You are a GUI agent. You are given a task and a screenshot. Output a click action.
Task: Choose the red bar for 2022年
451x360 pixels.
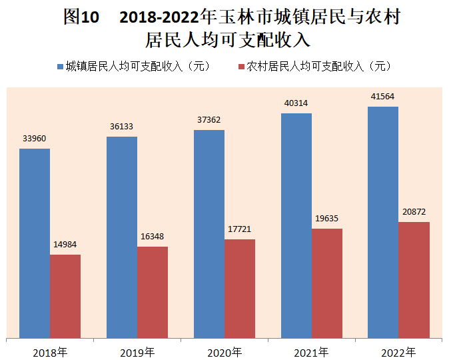click(414, 279)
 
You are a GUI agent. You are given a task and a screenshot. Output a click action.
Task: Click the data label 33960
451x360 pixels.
click(34, 139)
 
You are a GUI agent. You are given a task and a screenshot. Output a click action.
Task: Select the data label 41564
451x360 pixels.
click(383, 97)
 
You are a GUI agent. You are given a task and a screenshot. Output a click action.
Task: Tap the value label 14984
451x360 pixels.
click(65, 245)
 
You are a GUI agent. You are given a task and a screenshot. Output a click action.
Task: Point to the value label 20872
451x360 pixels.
click(414, 212)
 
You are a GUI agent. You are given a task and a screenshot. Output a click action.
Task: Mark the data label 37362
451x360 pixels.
click(209, 120)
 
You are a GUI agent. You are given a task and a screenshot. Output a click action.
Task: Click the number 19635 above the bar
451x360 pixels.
click(326, 219)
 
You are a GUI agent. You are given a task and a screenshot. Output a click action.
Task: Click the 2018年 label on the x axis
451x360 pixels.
click(50, 351)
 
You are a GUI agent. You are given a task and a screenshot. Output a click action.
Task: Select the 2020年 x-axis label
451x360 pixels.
click(225, 351)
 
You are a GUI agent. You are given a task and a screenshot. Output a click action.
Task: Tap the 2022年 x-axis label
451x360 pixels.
click(398, 351)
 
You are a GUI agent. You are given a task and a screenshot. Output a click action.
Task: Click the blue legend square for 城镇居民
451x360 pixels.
click(61, 67)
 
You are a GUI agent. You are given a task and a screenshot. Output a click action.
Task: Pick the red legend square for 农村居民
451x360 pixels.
click(240, 67)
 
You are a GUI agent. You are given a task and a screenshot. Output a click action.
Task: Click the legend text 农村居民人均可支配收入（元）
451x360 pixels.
click(318, 67)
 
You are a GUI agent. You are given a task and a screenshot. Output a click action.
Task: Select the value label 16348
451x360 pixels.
click(152, 237)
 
